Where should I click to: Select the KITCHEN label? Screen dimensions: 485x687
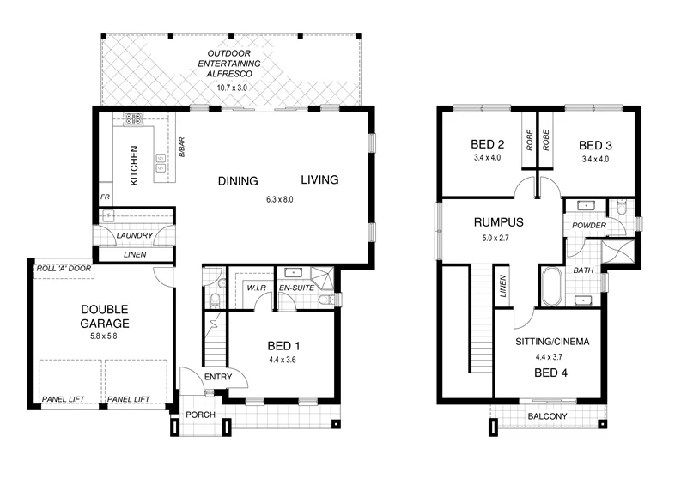click(135, 165)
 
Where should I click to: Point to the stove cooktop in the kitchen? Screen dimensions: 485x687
click(134, 120)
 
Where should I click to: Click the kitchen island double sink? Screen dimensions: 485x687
click(160, 163)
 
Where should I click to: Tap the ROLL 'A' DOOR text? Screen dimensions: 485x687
click(62, 269)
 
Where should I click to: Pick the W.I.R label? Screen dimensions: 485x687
click(255, 288)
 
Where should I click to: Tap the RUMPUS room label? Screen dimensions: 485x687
click(498, 222)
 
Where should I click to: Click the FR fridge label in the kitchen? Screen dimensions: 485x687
click(105, 197)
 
